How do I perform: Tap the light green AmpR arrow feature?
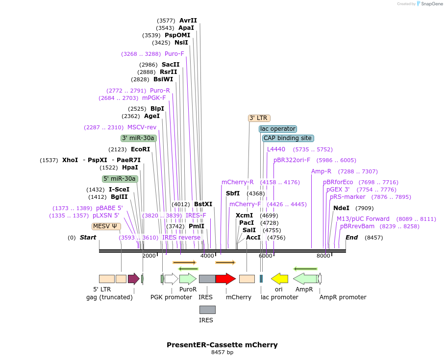point(305,279)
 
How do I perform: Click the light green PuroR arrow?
point(188,279)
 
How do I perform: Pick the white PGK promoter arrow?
point(172,279)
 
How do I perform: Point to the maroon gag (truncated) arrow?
point(133,279)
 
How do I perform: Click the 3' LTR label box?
point(259,118)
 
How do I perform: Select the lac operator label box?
point(278,129)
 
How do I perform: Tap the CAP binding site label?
point(288,138)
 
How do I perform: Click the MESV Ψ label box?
point(106,226)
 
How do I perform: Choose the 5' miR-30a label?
point(120,179)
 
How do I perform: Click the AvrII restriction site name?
point(188,21)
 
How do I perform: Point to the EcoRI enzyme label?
point(140,149)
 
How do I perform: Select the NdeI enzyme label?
point(341,208)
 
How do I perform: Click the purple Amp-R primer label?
point(321,171)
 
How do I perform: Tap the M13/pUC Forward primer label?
point(363,219)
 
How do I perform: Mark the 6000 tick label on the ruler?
point(266,256)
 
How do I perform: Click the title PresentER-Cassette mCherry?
point(222,345)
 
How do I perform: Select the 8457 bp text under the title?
point(222,352)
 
